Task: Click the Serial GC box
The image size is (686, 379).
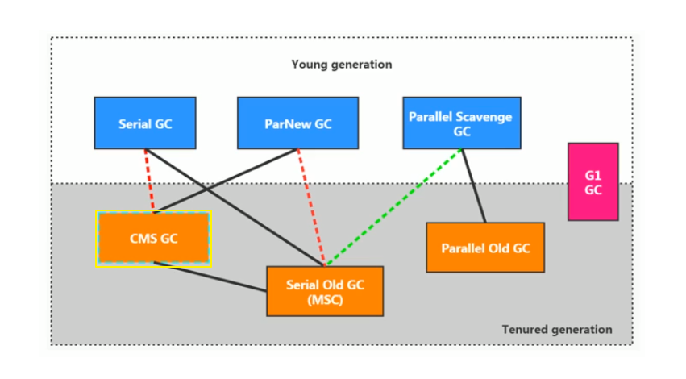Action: [x=145, y=123]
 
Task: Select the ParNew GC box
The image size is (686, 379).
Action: [x=298, y=123]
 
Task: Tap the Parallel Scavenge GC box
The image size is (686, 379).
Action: [x=462, y=123]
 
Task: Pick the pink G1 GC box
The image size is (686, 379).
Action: [x=593, y=181]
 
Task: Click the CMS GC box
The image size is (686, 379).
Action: [x=153, y=238]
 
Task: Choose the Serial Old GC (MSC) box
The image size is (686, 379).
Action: [x=325, y=291]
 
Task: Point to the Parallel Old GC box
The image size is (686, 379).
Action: [x=485, y=248]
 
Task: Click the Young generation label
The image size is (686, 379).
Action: [x=342, y=65]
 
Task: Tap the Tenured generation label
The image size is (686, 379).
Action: [x=557, y=329]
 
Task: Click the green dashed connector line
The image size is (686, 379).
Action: [x=393, y=207]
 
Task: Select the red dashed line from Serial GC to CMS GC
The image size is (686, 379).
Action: [x=149, y=180]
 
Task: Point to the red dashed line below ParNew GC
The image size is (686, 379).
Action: [x=311, y=207]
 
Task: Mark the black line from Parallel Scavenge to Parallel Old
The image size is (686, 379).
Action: [x=474, y=185]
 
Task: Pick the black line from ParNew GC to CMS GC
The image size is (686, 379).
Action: [x=227, y=180]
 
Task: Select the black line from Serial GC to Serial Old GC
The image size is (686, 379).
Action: [x=235, y=207]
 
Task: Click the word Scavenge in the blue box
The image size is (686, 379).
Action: [x=484, y=117]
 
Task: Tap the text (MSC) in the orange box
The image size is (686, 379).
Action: [x=325, y=300]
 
